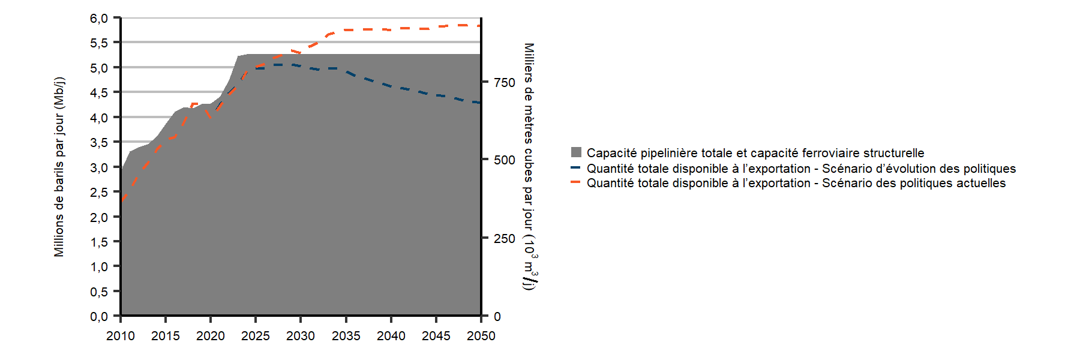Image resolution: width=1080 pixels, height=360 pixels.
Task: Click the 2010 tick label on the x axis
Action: [120, 336]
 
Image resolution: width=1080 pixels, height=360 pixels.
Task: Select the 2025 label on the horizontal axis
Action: [256, 336]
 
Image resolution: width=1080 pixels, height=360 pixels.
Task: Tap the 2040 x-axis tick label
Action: [391, 336]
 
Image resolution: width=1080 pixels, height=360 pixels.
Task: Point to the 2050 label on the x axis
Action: [481, 336]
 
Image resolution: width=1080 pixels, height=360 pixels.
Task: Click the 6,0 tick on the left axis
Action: [99, 19]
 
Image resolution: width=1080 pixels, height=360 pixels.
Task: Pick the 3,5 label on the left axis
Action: [99, 142]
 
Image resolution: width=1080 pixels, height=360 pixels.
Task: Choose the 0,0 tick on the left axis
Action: [99, 316]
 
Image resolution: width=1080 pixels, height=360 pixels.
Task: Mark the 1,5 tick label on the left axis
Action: [99, 242]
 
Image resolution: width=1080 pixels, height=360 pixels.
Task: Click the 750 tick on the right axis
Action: [504, 83]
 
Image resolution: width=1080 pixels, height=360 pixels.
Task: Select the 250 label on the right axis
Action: [504, 239]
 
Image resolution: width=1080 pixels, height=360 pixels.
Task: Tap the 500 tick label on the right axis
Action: [504, 160]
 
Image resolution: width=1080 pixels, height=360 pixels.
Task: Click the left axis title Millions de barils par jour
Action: [59, 167]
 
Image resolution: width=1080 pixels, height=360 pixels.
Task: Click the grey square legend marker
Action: [576, 152]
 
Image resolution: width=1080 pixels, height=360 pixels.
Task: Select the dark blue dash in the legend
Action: [576, 168]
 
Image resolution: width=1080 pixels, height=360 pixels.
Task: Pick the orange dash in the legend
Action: [576, 182]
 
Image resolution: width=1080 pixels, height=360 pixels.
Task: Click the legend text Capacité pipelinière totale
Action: [755, 153]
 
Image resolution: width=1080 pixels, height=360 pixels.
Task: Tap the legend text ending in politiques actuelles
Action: [796, 183]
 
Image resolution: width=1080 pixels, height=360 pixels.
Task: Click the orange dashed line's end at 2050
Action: [479, 26]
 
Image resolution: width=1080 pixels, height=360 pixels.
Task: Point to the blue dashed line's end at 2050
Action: [479, 103]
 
